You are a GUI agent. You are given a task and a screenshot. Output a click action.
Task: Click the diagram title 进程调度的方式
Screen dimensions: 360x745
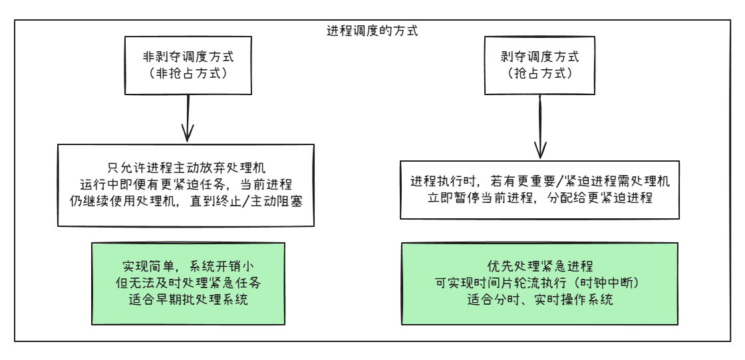(x=372, y=31)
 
